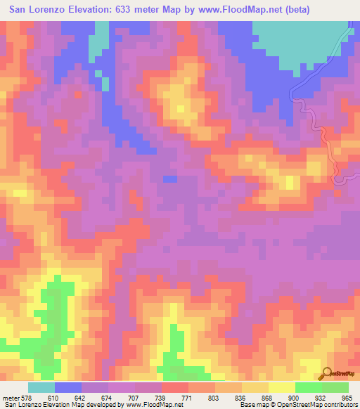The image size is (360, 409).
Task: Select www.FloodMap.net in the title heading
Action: [238, 9]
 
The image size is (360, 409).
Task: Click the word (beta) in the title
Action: [295, 9]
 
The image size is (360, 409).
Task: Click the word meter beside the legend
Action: [10, 398]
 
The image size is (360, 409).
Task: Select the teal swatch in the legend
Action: [41, 387]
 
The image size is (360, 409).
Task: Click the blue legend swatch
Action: [67, 387]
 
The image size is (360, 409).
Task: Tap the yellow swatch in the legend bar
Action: [281, 387]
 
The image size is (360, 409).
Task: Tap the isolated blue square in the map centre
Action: [169, 178]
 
